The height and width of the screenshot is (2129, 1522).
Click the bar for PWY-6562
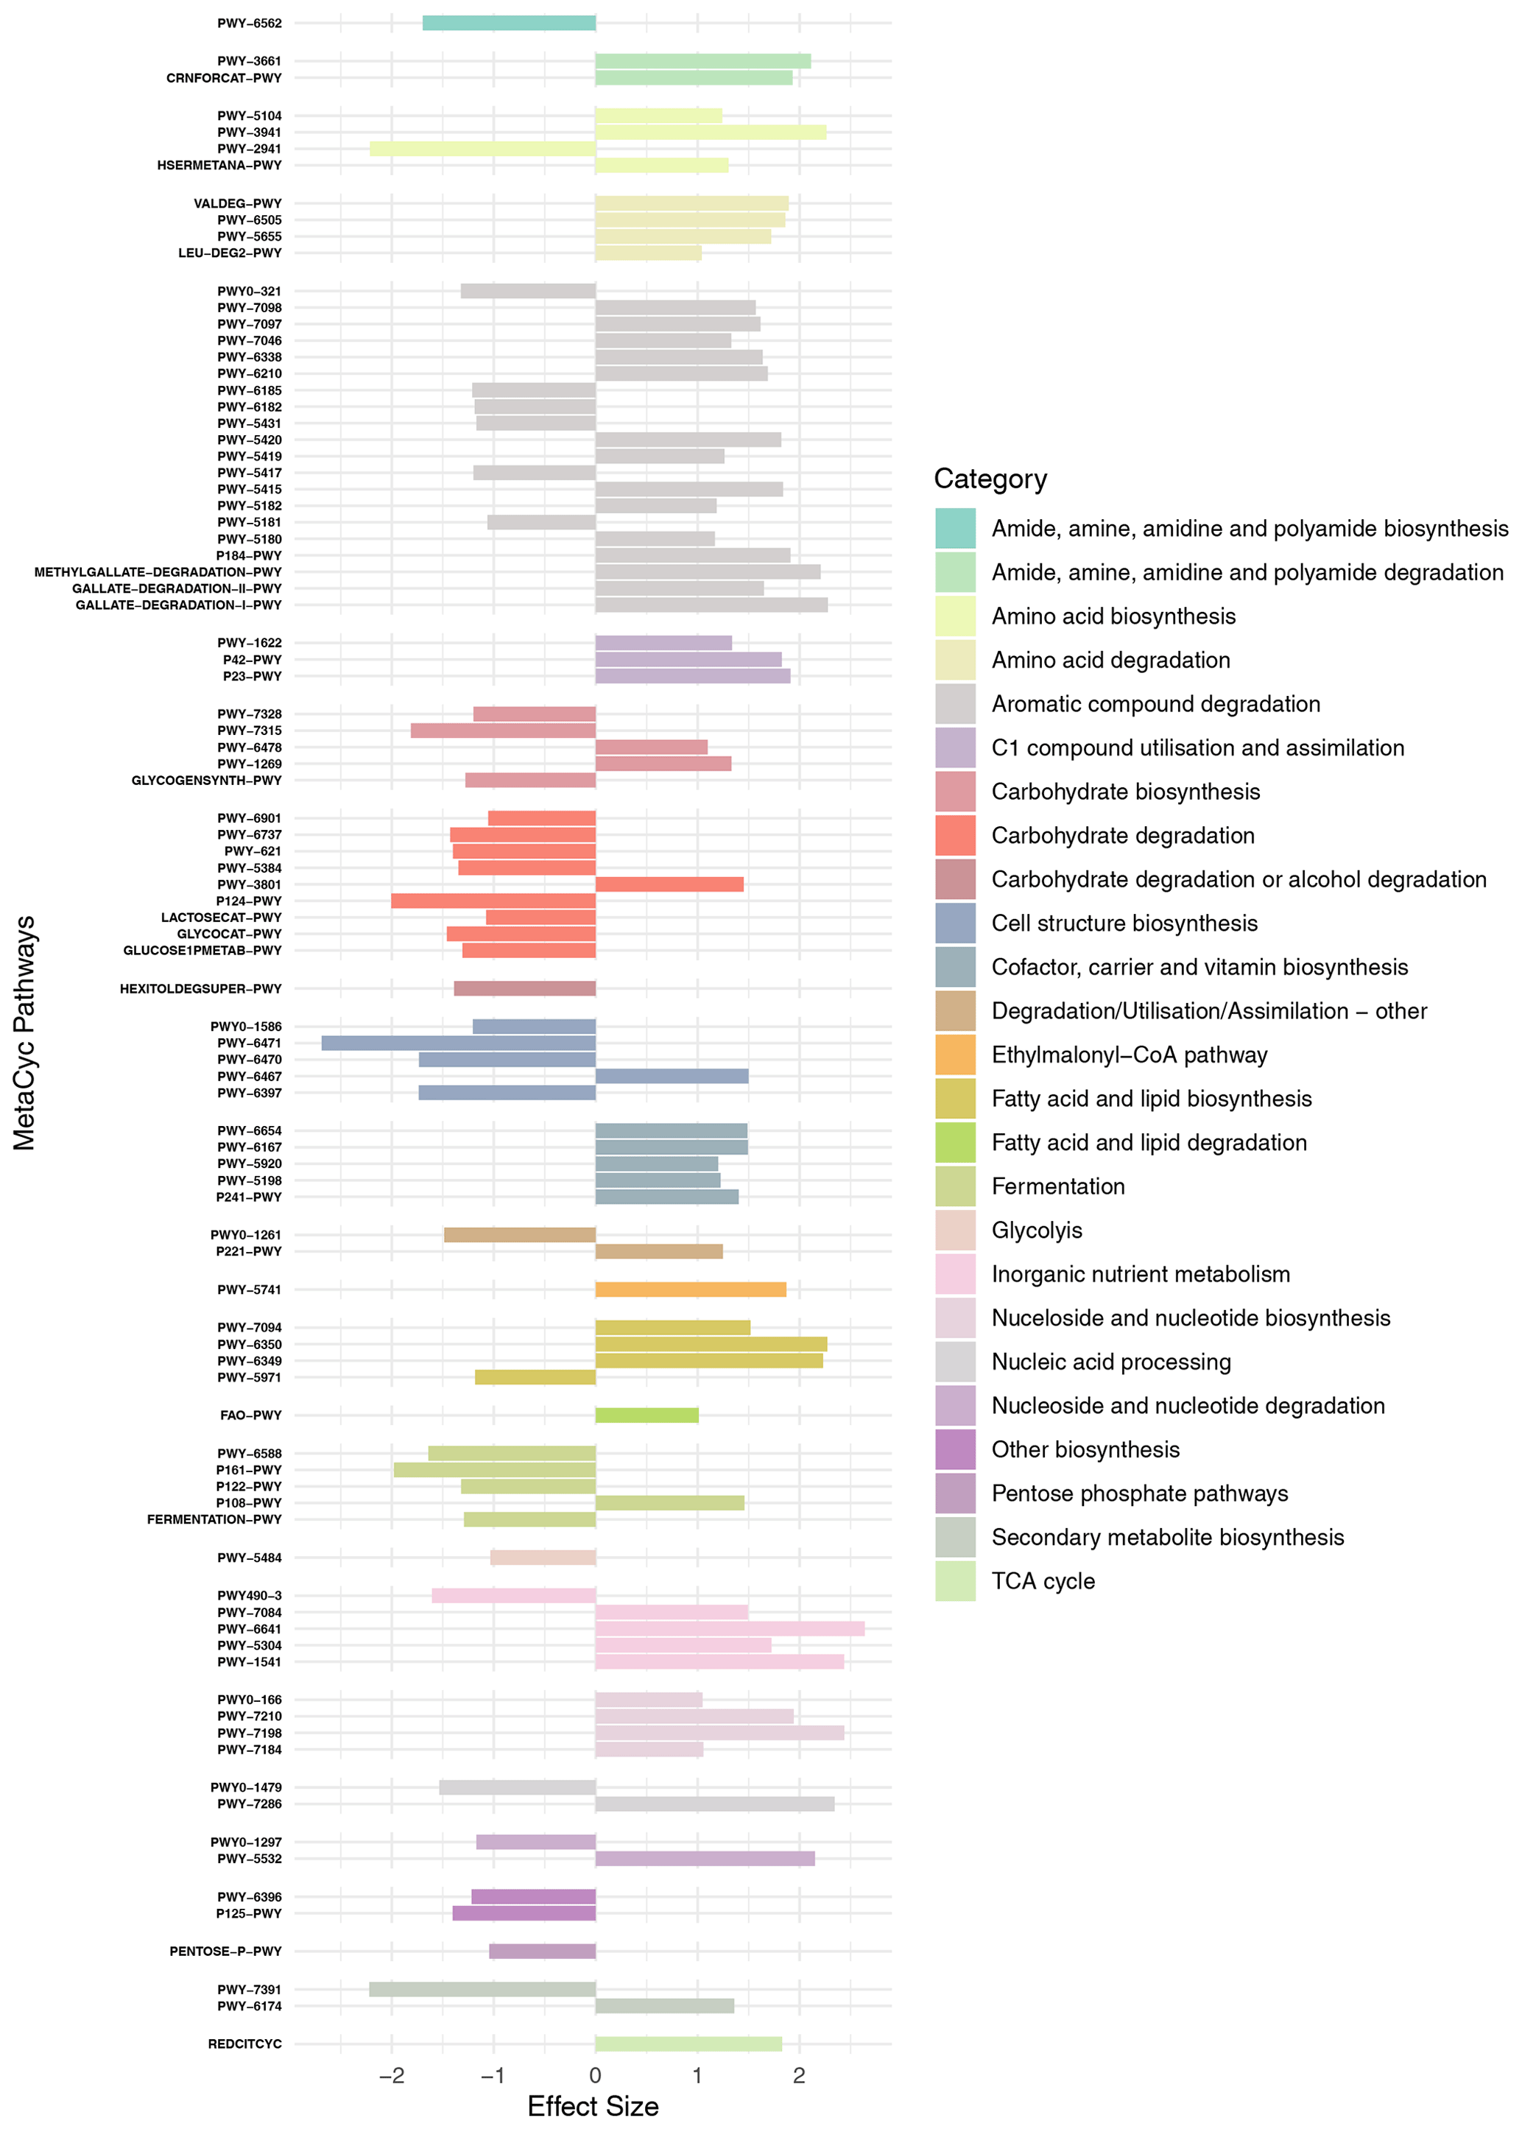tap(509, 24)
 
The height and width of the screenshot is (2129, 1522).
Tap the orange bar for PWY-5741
tap(691, 1289)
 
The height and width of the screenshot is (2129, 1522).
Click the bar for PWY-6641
tap(729, 1629)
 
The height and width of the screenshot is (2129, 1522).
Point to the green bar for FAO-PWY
tap(647, 1415)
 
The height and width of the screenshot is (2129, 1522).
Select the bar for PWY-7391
tap(482, 1989)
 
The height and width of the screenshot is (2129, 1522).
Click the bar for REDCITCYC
tap(688, 2044)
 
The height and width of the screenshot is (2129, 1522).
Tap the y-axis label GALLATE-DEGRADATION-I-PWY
tap(178, 605)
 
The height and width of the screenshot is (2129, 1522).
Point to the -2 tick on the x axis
tap(392, 2075)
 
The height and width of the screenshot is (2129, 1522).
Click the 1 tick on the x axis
tap(697, 2075)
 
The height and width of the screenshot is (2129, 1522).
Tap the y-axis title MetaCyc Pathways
tap(24, 1032)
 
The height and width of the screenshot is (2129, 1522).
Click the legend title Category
tap(990, 479)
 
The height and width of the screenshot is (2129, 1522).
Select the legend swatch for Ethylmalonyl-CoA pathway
tap(955, 1055)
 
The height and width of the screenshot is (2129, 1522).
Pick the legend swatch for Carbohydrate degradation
tap(955, 836)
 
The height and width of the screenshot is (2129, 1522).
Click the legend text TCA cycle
tap(1043, 1582)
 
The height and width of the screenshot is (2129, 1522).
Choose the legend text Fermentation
tap(1058, 1186)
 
